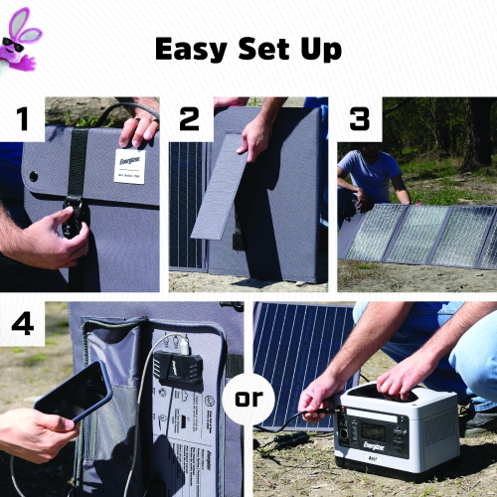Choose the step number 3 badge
click(359, 120)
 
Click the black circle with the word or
click(247, 399)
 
